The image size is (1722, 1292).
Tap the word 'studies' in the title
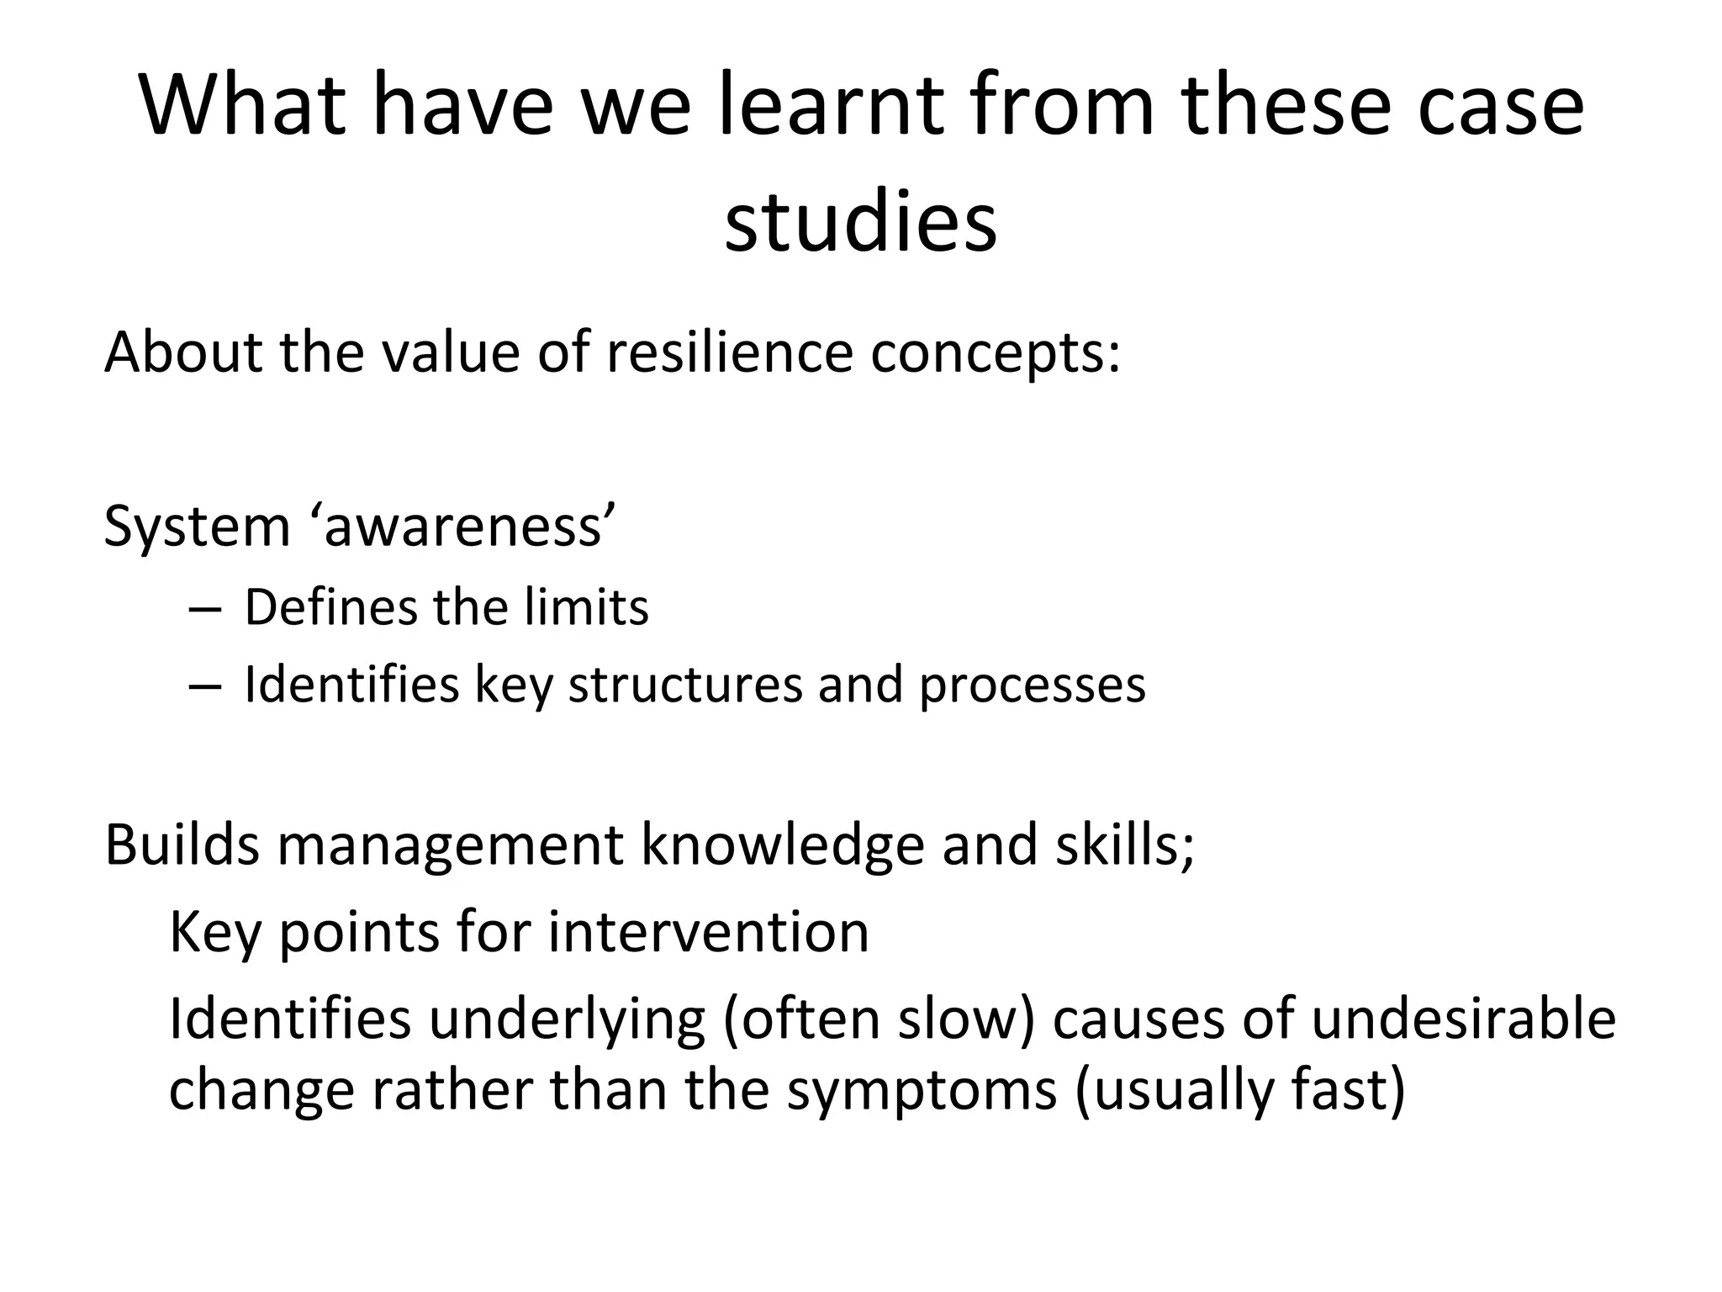tap(861, 223)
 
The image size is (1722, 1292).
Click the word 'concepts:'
tap(996, 353)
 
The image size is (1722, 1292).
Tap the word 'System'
tap(197, 527)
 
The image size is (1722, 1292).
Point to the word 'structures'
tap(685, 685)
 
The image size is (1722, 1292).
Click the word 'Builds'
tap(182, 845)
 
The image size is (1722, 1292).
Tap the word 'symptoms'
tap(922, 1091)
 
